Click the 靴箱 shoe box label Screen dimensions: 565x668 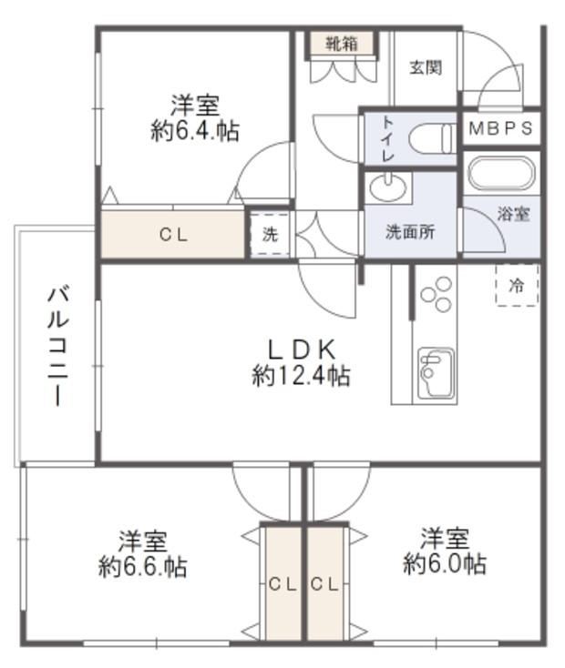click(x=342, y=44)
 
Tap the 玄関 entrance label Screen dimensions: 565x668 click(x=426, y=67)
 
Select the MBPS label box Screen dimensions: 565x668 click(x=501, y=127)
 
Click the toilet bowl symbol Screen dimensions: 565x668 click(x=432, y=138)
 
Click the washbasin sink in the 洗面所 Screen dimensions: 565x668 click(x=388, y=187)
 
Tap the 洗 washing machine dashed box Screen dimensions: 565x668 click(x=270, y=235)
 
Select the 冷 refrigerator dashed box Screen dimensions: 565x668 click(x=517, y=286)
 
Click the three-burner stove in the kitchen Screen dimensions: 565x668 click(x=436, y=294)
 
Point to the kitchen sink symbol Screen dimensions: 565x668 click(x=436, y=373)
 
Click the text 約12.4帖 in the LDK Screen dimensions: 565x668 click(x=301, y=376)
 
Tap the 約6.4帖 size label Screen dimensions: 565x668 click(x=195, y=131)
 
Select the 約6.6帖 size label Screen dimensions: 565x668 click(x=142, y=566)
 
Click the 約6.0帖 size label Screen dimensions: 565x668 click(x=445, y=563)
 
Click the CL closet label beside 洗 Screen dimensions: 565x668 click(x=174, y=235)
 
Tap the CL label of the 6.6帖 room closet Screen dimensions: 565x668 click(x=282, y=584)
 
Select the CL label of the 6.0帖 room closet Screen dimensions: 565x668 click(x=324, y=584)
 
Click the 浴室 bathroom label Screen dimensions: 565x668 click(x=513, y=214)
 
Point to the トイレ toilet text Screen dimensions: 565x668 click(x=387, y=138)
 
